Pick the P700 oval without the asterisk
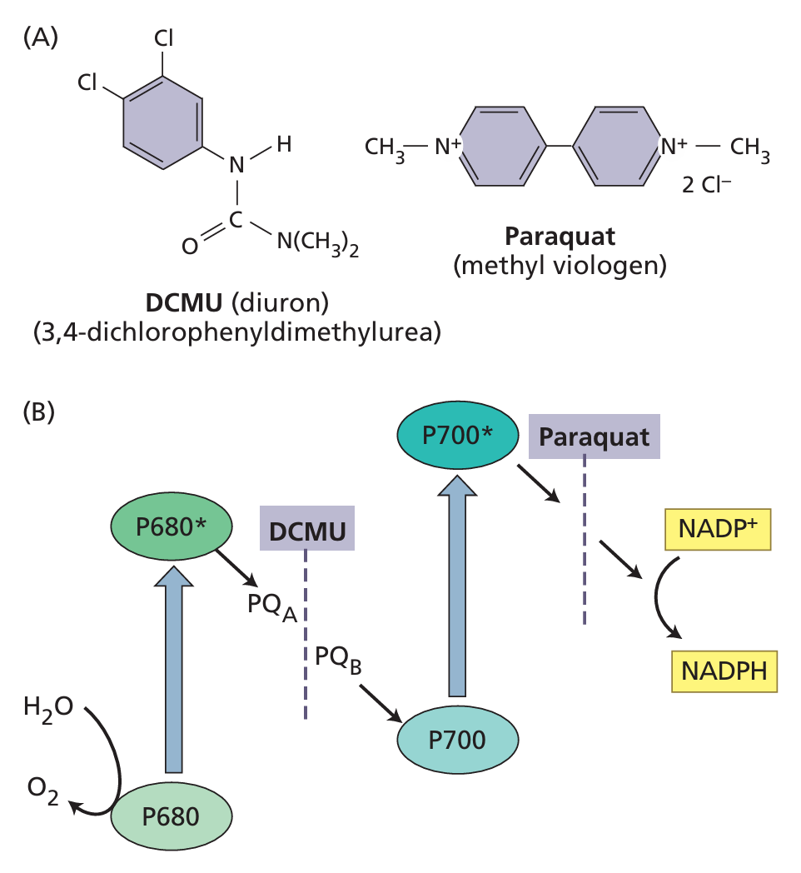(x=458, y=740)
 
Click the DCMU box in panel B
(x=307, y=528)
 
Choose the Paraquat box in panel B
(x=595, y=436)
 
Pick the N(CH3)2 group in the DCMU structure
(x=317, y=243)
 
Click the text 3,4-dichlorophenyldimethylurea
(x=236, y=332)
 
